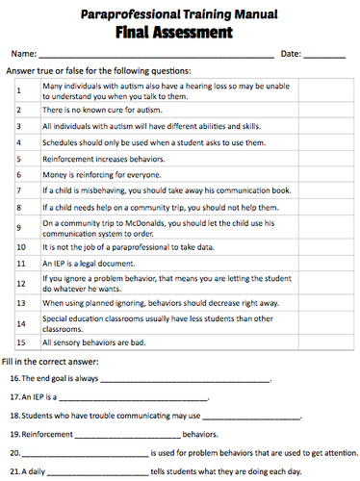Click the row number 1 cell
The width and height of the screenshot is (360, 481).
point(20,91)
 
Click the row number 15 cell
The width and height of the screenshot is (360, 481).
point(20,342)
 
